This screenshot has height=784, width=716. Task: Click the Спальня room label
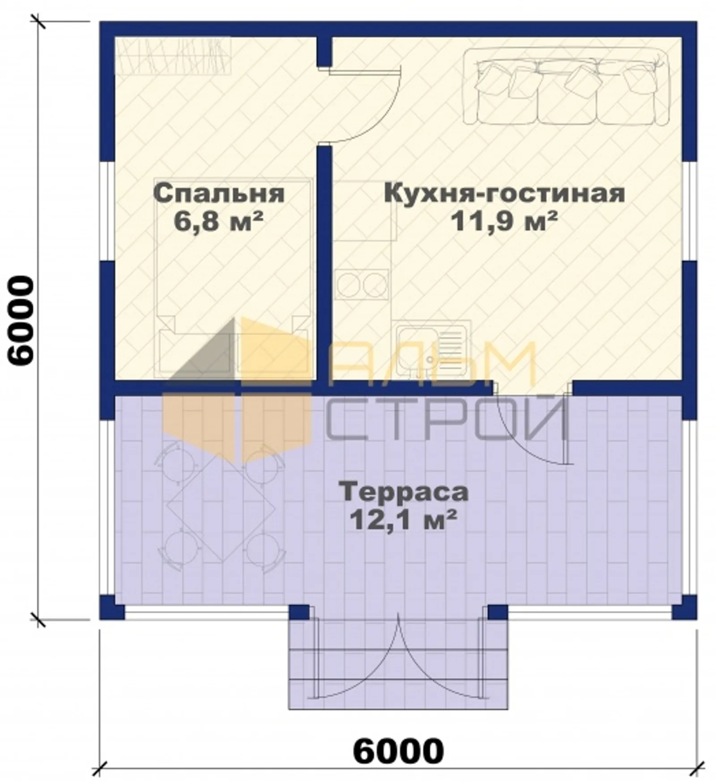[219, 194]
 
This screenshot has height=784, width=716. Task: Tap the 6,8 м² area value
[218, 221]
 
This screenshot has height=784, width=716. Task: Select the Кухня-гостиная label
[504, 194]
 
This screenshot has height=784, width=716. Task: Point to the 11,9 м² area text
[504, 221]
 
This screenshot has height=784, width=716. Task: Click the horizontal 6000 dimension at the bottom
[398, 751]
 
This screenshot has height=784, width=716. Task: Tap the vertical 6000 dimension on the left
[21, 320]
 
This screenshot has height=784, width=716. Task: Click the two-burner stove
[362, 284]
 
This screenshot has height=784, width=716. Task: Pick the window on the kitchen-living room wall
[690, 211]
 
